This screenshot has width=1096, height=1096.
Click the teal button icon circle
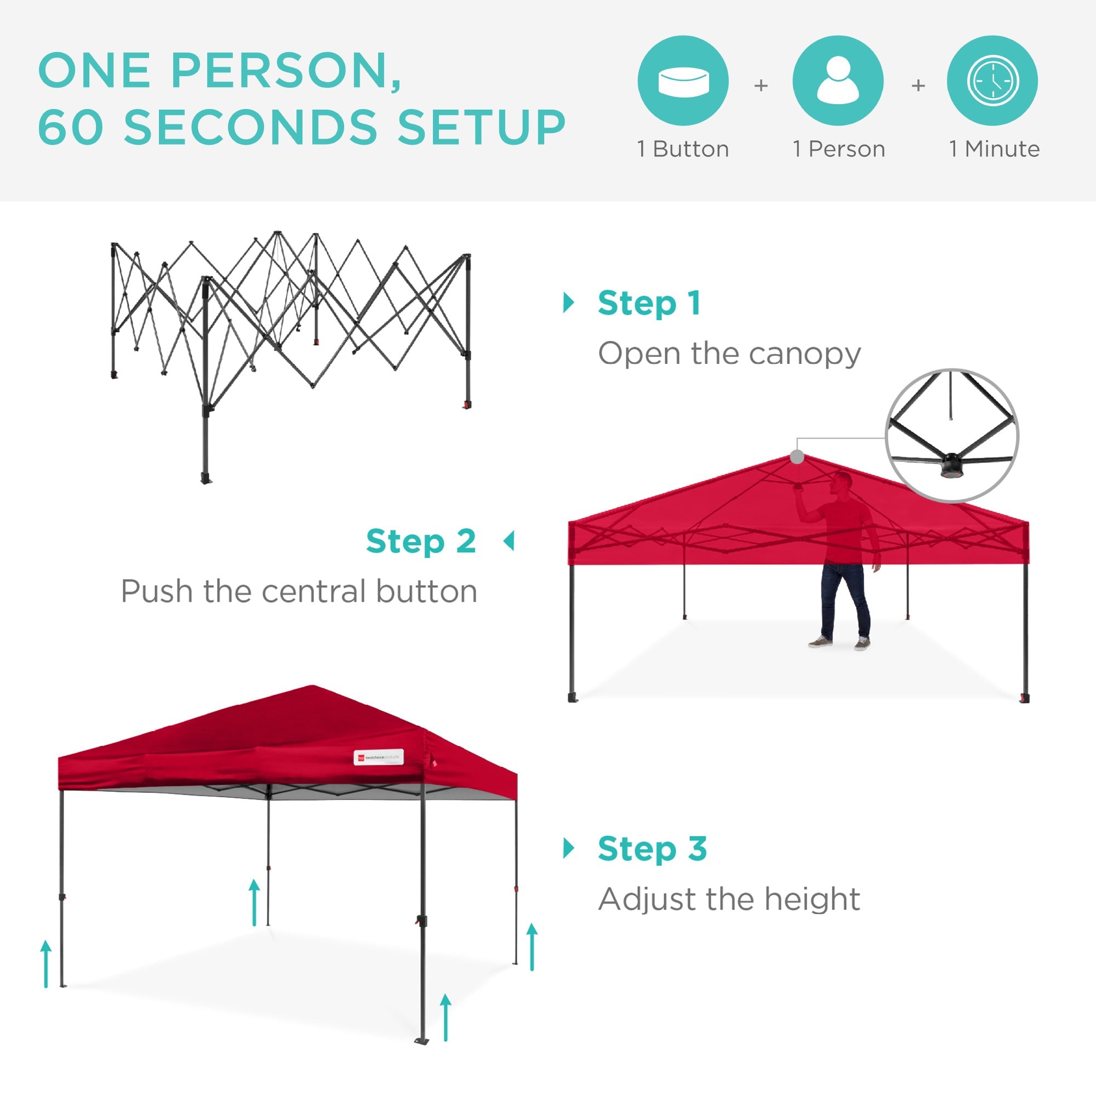[x=683, y=81]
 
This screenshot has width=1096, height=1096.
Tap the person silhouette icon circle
[x=838, y=81]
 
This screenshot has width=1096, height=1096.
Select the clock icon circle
[x=992, y=81]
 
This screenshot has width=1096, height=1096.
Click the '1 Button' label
[x=683, y=149]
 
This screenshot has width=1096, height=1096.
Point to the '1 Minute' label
[x=995, y=149]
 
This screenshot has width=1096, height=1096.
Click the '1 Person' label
[x=838, y=149]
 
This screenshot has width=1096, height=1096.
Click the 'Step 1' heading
[x=649, y=304]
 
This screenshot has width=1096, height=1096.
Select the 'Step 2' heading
[x=421, y=541]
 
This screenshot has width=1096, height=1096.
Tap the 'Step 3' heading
[x=652, y=849]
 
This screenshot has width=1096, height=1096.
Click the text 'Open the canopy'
[x=729, y=354]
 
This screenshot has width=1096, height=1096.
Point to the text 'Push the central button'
[x=299, y=592]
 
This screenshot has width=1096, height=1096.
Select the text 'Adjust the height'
[x=729, y=899]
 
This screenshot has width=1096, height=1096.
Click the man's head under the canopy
[x=842, y=483]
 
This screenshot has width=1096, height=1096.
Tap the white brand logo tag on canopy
[x=378, y=757]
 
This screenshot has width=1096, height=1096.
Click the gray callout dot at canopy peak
[x=797, y=456]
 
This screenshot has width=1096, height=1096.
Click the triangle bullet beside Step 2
[x=509, y=541]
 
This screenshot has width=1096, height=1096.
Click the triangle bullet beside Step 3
[x=568, y=848]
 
